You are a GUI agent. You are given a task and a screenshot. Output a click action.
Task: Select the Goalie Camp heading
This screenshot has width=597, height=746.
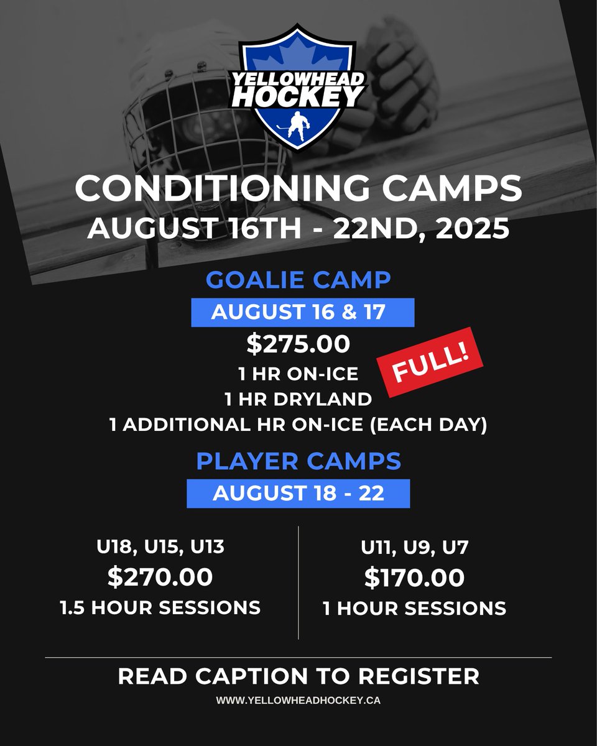[x=298, y=280]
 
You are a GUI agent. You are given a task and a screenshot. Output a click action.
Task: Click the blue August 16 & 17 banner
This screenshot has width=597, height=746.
[x=302, y=312]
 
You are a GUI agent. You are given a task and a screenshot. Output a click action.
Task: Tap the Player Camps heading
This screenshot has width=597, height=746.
[x=298, y=461]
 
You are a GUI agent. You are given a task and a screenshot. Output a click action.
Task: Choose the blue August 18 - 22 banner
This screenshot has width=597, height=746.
[x=298, y=494]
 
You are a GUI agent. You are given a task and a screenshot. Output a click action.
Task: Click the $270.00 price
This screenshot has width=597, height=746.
[x=160, y=578]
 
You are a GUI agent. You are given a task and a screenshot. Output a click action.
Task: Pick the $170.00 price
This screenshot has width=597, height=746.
[x=414, y=579]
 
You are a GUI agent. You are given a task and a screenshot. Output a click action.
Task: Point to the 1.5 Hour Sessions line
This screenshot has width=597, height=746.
[x=160, y=607]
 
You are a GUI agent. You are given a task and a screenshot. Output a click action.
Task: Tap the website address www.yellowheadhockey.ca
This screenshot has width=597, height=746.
[x=298, y=699]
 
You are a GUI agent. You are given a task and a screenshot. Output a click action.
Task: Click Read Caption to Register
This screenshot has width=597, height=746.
[x=298, y=676]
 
